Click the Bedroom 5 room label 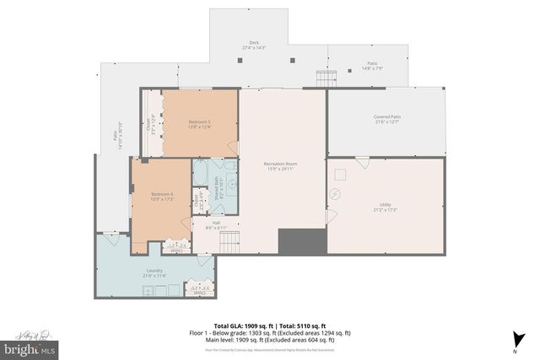point(199,125)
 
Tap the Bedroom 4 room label point(162,196)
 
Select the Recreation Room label point(280,165)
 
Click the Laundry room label point(154,272)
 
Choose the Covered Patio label point(387,119)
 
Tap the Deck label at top point(254,46)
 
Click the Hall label point(216,225)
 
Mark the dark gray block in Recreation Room point(296,242)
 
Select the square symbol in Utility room point(341,175)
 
